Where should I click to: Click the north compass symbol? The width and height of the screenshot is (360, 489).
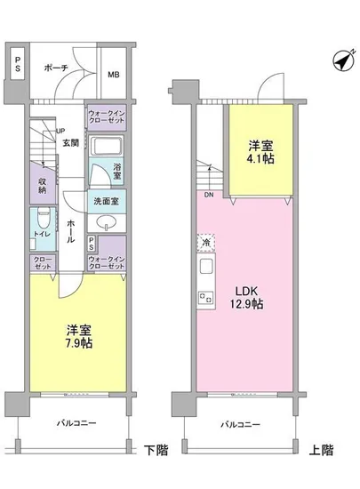pos(340,61)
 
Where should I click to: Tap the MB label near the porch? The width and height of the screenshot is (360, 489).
pos(114,75)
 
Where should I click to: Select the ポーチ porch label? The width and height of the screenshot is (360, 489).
pos(57,66)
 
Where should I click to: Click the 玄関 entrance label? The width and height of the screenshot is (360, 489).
pos(69,142)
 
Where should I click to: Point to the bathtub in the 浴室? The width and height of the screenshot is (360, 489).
pos(107,148)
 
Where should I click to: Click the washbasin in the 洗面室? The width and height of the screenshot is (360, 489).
pos(105,220)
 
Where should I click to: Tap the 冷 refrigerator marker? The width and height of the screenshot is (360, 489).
pos(205,241)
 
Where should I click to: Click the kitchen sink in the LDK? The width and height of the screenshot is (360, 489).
pos(204,267)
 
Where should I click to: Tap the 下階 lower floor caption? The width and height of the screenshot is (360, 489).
pos(157,451)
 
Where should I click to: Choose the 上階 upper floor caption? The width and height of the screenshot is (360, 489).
pos(321,451)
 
